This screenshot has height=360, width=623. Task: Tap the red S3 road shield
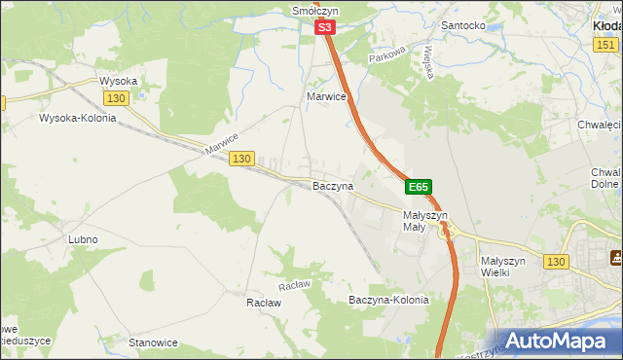click(326, 31)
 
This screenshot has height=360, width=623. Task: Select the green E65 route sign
click(418, 186)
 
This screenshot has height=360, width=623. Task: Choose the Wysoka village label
click(119, 81)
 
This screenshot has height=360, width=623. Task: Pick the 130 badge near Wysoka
click(116, 99)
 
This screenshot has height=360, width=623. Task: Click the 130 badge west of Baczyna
click(241, 159)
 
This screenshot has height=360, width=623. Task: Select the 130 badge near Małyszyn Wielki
click(556, 262)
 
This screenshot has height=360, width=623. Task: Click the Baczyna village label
click(332, 185)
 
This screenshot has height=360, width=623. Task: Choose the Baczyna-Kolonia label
click(388, 300)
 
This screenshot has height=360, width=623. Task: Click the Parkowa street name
click(385, 58)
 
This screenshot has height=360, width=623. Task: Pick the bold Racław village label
click(263, 303)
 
